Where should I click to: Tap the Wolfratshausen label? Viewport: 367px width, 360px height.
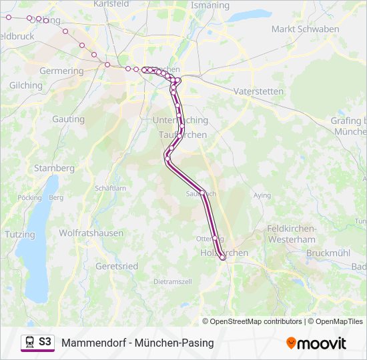click(91, 233)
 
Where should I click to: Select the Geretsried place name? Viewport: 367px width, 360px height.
click(117, 266)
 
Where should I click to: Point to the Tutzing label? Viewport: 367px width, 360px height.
click(19, 235)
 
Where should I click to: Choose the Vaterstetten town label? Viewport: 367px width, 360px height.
click(259, 91)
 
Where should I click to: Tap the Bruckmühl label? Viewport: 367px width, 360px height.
click(328, 253)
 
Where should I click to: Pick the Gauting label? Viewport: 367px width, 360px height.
click(68, 119)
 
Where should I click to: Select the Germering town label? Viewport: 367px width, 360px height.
click(61, 71)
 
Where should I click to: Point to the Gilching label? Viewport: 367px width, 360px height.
click(26, 85)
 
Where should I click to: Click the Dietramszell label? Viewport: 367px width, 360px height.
click(173, 282)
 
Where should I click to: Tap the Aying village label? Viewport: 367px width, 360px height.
click(262, 196)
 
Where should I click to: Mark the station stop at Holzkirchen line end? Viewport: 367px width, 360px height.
click(223, 258)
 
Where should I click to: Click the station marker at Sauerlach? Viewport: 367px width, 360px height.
click(202, 193)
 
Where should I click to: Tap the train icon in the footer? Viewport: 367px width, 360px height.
click(29, 342)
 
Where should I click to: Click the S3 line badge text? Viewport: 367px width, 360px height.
click(45, 342)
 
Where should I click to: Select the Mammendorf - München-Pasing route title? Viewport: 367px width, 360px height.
click(137, 343)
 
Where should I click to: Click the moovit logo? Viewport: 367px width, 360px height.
click(316, 343)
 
